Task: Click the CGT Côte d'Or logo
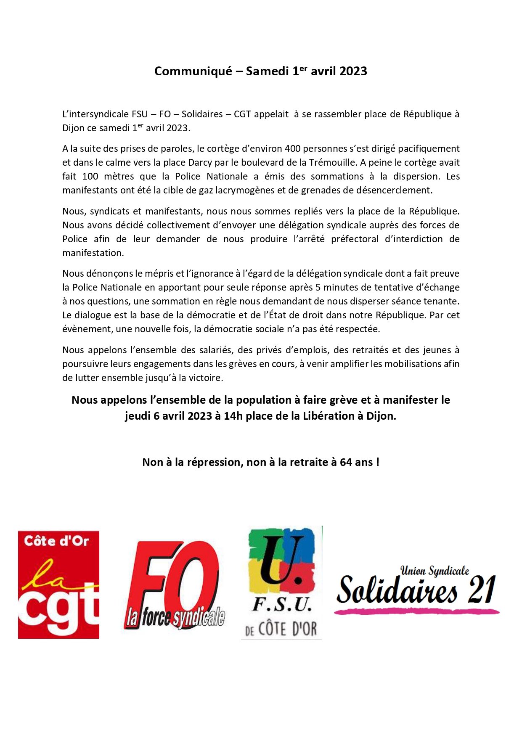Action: tap(58, 585)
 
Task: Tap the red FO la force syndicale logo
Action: tap(175, 585)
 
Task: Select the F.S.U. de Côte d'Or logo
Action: tap(281, 582)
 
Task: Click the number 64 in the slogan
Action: tap(346, 463)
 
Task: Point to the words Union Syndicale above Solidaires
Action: tap(435, 571)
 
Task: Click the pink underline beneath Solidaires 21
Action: tap(416, 611)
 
